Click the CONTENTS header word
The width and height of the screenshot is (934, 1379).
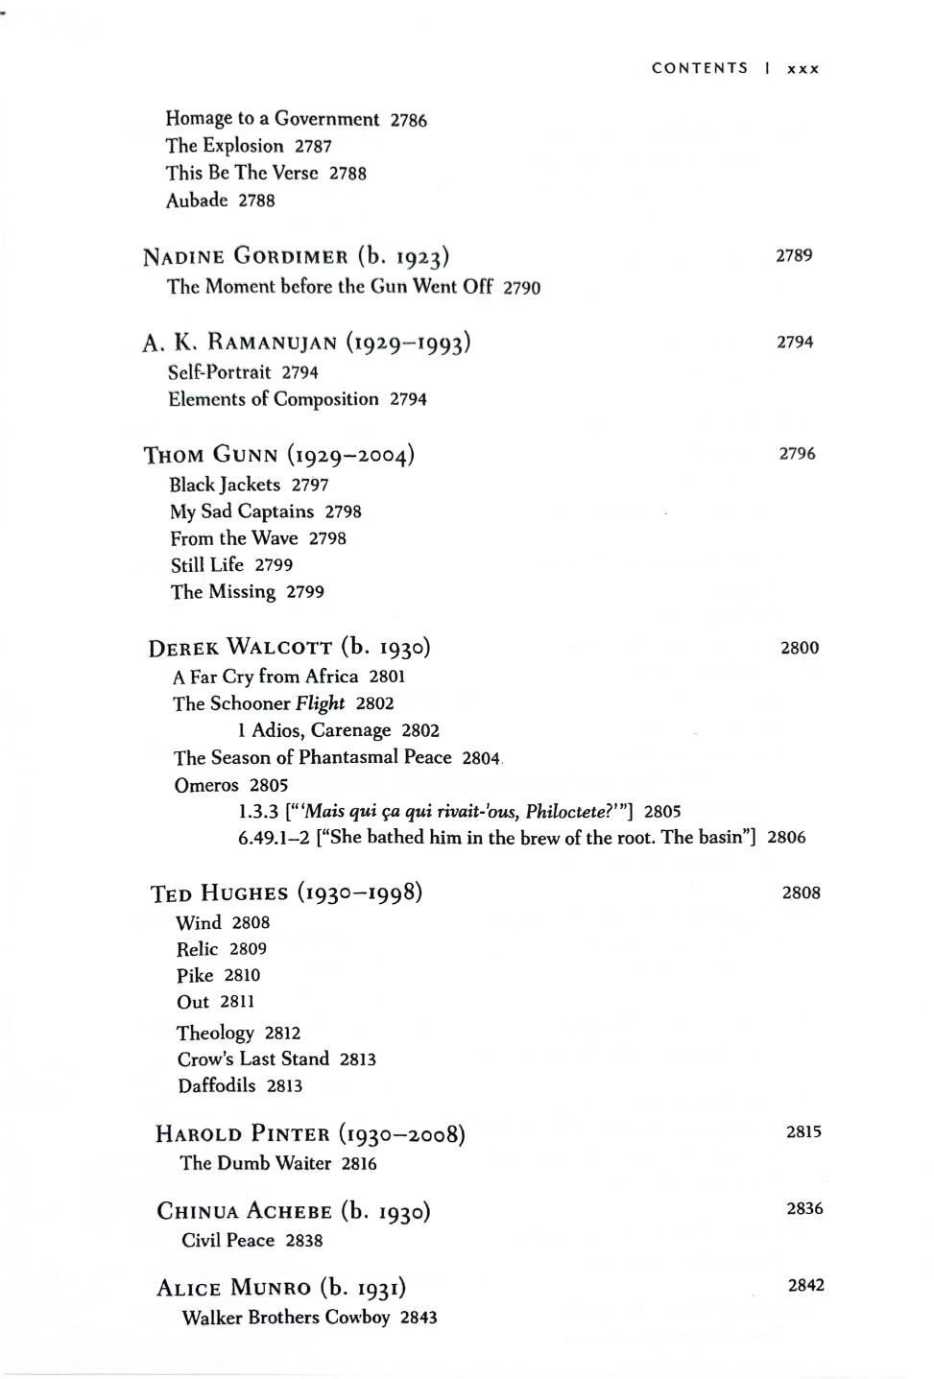point(699,68)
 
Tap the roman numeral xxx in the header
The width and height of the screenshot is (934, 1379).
point(803,69)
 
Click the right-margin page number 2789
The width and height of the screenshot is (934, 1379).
point(794,255)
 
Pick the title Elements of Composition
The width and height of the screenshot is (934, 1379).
point(274,399)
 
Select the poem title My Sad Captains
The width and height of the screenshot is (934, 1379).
point(242,511)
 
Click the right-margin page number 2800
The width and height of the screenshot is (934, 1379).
point(800,648)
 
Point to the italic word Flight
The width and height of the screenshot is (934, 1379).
point(320,703)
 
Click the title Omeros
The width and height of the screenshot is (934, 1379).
point(206,785)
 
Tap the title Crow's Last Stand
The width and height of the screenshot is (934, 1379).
point(252,1059)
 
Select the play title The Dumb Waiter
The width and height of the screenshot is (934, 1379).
point(255,1163)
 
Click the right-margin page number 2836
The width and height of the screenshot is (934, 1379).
point(804,1209)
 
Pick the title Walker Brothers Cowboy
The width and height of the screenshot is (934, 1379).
point(286,1318)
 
